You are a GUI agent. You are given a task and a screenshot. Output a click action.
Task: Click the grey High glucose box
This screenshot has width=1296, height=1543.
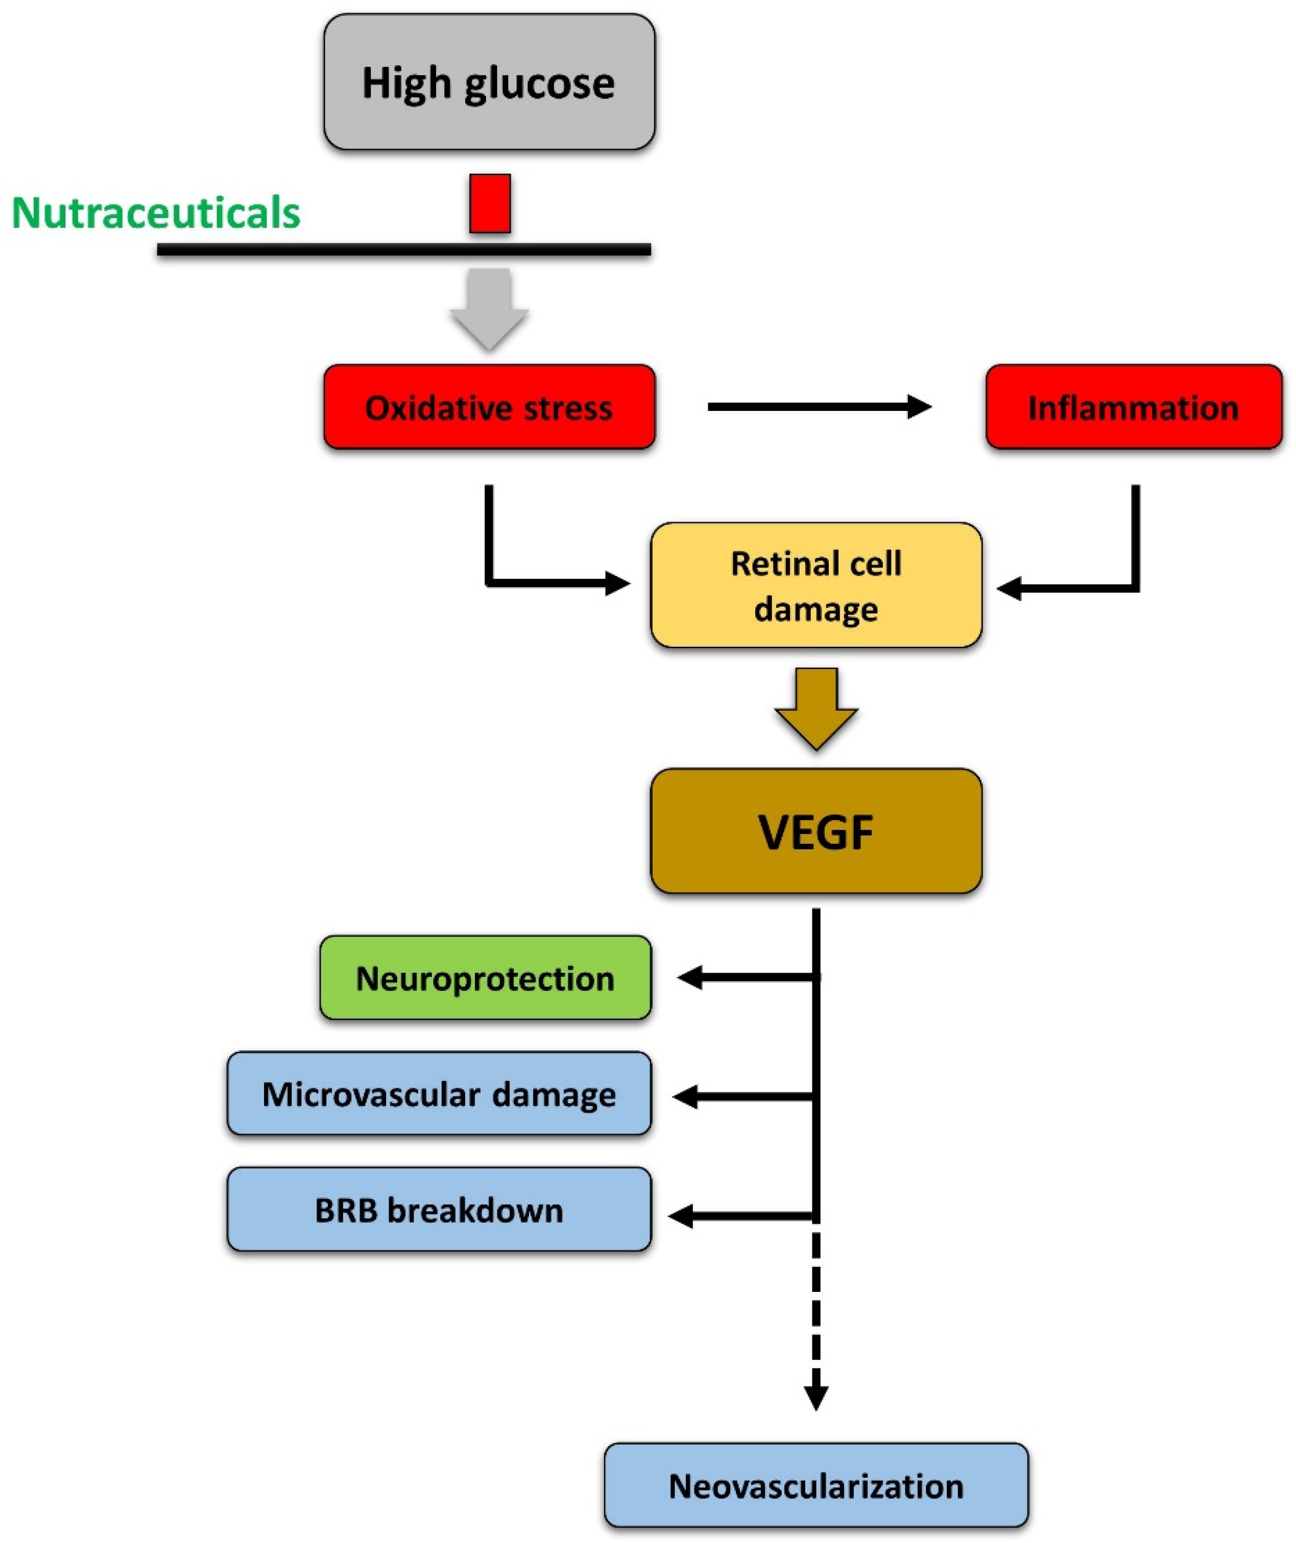489,82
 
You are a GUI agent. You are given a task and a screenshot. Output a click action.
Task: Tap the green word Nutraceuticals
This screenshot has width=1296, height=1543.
156,213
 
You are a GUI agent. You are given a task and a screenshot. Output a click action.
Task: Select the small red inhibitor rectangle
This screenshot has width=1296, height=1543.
490,204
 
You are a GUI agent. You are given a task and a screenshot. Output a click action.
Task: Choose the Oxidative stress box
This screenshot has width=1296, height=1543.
489,407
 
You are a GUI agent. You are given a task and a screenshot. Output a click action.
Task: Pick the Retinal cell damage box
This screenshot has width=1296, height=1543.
816,585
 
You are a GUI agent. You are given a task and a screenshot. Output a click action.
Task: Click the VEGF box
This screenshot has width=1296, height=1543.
816,832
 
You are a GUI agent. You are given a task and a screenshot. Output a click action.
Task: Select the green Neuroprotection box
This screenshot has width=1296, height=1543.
485,978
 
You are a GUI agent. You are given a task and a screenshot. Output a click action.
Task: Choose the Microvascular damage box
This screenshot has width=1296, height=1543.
439,1094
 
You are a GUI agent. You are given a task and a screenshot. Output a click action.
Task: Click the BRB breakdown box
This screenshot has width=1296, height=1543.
439,1210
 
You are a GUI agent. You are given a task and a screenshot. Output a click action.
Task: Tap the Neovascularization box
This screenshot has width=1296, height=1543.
816,1486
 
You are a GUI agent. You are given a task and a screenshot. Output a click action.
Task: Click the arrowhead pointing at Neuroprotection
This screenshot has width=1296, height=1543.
689,978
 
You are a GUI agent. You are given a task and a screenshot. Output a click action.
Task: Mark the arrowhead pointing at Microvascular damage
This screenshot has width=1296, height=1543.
686,1097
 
